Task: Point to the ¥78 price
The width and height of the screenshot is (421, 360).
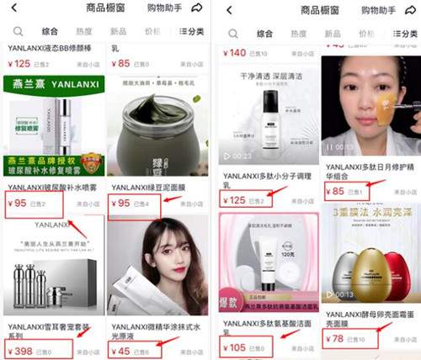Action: click(x=337, y=338)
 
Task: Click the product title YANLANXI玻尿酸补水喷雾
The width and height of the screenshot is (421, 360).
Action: click(x=51, y=188)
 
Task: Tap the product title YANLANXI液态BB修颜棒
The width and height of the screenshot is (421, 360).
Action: click(x=51, y=47)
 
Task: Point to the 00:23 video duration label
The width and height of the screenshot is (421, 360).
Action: click(x=243, y=156)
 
